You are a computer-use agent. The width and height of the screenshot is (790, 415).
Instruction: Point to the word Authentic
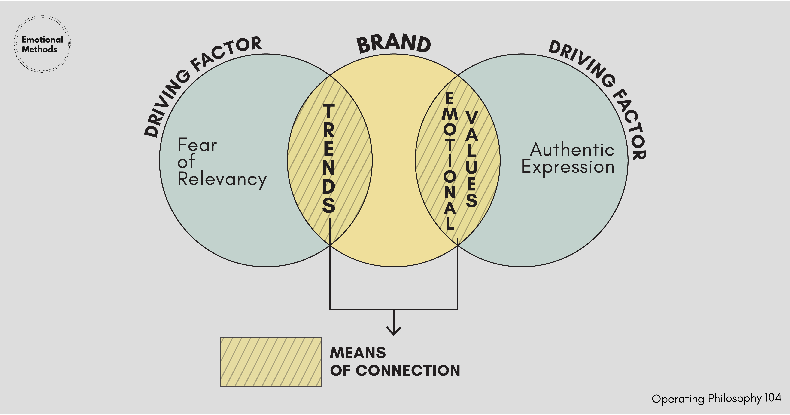click(x=572, y=150)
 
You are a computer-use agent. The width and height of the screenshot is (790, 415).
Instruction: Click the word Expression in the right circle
click(x=568, y=167)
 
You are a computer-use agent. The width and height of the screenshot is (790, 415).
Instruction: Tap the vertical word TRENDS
click(x=329, y=158)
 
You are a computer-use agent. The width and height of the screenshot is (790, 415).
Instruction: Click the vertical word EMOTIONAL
click(x=450, y=160)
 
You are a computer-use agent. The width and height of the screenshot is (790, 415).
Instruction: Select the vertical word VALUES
click(x=471, y=159)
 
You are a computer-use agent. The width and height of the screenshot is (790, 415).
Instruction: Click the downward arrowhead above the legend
click(x=394, y=331)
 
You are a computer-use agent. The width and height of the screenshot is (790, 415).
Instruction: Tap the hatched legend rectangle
click(x=271, y=362)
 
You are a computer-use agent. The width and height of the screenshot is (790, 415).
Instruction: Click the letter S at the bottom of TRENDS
click(x=329, y=205)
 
